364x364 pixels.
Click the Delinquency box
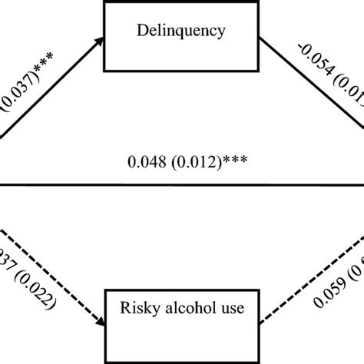point(183,35)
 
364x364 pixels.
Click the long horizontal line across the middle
point(182,184)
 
